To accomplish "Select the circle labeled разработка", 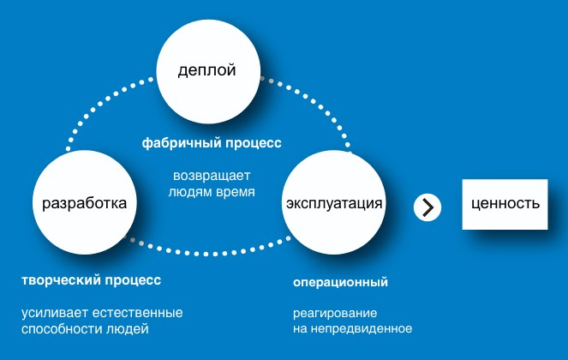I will click(85, 203).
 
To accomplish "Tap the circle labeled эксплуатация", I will click(333, 203).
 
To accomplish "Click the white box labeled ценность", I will click(505, 204).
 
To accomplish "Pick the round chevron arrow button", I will click(427, 207).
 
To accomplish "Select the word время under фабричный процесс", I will click(237, 193).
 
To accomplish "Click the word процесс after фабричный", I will click(252, 142).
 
